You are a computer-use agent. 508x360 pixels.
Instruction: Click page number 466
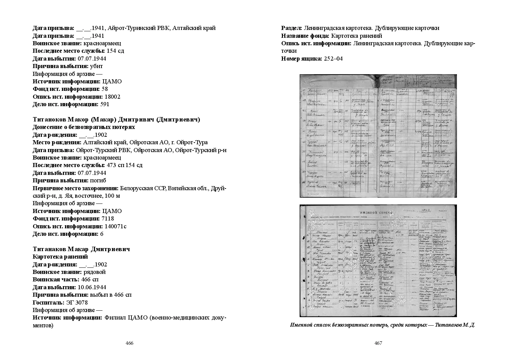pos(129,343)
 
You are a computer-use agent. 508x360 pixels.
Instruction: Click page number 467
pos(378,343)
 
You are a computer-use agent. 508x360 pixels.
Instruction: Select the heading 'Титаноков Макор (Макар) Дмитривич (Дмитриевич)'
pos(116,119)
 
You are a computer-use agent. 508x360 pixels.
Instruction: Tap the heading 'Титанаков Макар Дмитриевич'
pos(81,249)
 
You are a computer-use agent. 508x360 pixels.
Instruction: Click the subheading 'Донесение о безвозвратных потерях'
pos(83,127)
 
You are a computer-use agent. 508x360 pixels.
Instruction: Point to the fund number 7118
pos(108,218)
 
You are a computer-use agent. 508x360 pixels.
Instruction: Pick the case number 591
pos(104,104)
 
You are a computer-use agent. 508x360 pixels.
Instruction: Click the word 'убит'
pos(96,66)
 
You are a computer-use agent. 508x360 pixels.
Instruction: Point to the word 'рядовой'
pos(94,272)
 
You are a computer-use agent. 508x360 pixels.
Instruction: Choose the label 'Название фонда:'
pos(305,36)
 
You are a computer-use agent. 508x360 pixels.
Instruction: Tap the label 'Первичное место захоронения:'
pos(75,188)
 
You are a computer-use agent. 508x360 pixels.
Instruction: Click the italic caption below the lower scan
pos(382,325)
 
